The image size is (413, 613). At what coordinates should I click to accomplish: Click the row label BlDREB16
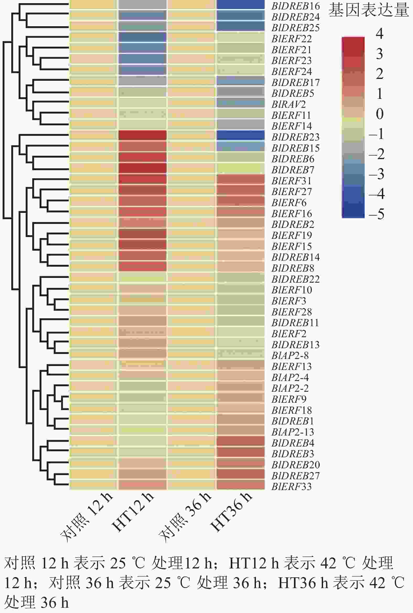[296, 6]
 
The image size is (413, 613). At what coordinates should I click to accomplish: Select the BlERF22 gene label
[292, 39]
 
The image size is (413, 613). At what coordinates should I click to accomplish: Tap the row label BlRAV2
[288, 105]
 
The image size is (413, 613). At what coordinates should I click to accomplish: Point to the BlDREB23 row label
[296, 137]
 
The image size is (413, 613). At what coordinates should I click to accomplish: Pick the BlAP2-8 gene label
[290, 356]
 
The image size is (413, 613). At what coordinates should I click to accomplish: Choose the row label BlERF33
[292, 487]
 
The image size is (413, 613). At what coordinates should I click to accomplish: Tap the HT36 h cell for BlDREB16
[240, 4]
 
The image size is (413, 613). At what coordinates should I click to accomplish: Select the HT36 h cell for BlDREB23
[240, 135]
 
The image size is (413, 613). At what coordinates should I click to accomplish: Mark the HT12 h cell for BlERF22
[142, 37]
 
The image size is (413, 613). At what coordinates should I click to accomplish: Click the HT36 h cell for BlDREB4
[240, 441]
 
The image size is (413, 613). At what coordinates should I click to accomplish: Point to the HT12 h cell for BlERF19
[142, 234]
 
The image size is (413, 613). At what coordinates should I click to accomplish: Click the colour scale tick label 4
[379, 34]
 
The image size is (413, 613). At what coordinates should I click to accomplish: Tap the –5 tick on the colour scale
[376, 214]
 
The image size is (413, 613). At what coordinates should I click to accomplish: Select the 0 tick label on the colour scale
[379, 114]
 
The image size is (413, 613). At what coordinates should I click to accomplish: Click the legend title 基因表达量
[368, 11]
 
